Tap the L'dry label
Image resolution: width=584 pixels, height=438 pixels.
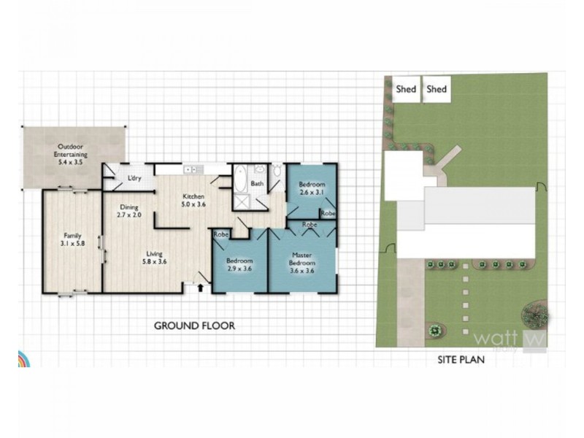[x=134, y=178]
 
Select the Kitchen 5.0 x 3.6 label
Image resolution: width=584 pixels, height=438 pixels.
[x=193, y=201]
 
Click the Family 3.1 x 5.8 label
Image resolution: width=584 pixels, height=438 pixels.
[x=72, y=240]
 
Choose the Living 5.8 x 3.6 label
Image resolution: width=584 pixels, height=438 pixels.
[x=154, y=258]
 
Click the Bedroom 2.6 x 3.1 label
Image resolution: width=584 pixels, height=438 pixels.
[x=312, y=188]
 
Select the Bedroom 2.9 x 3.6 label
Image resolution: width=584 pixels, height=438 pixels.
[x=239, y=265]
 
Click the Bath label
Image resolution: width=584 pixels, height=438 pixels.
[x=257, y=184]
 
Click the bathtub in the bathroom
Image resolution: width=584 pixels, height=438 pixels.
[x=240, y=177]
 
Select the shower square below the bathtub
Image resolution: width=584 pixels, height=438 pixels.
[x=240, y=201]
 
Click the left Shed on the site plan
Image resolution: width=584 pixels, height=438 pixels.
[x=406, y=89]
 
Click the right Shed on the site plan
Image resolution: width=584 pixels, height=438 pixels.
[x=437, y=89]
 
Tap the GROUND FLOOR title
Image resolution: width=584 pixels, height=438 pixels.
[x=194, y=326]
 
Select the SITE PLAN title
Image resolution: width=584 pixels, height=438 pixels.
[x=461, y=359]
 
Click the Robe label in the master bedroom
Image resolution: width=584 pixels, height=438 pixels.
[x=310, y=224]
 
